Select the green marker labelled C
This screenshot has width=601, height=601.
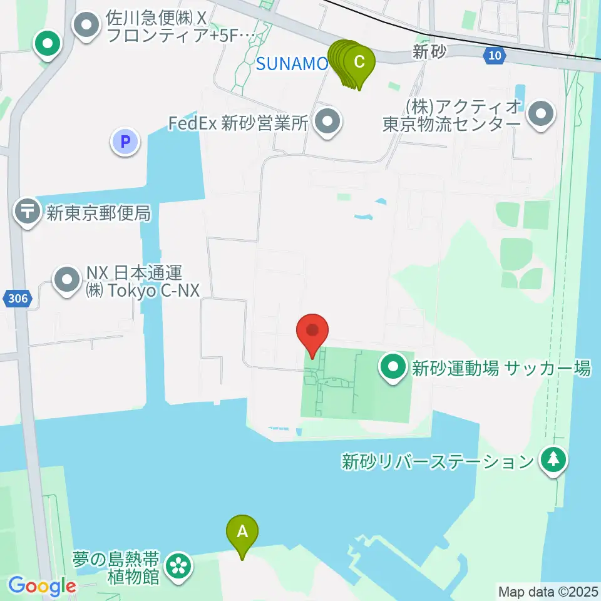pyautogui.click(x=359, y=63)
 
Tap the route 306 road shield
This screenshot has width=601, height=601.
pyautogui.click(x=19, y=299)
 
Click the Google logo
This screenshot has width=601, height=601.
pyautogui.click(x=42, y=587)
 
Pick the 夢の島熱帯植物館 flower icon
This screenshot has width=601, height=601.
pyautogui.click(x=178, y=567)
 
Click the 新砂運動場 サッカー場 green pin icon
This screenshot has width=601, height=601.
pyautogui.click(x=394, y=368)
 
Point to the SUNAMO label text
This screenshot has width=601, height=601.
pyautogui.click(x=292, y=63)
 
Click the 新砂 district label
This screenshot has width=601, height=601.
pyautogui.click(x=429, y=53)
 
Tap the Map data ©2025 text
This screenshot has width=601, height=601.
pyautogui.click(x=548, y=591)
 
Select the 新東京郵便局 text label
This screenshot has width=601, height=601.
pyautogui.click(x=98, y=213)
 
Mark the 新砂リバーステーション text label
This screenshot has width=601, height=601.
pyautogui.click(x=436, y=463)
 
